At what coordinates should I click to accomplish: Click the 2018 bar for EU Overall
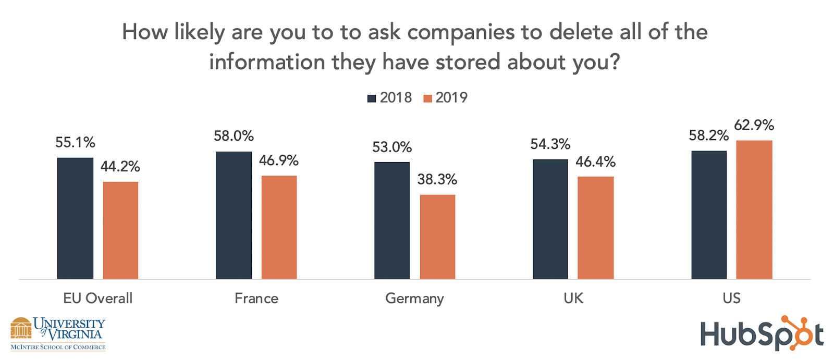(75, 218)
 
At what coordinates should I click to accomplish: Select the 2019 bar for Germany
(437, 237)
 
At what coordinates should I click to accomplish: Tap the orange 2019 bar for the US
(754, 209)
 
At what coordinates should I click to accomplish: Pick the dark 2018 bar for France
(234, 215)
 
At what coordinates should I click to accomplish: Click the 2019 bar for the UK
(595, 228)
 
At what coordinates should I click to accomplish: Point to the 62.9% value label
(754, 126)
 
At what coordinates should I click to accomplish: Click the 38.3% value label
(437, 180)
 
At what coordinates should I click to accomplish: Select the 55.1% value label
(75, 143)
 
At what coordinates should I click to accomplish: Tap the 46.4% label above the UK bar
(595, 162)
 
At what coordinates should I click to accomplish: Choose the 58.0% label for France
(234, 136)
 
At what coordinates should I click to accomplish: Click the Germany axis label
(414, 299)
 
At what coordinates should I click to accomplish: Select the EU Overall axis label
(97, 299)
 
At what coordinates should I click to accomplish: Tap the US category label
(731, 299)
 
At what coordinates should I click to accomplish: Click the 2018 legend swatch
(372, 98)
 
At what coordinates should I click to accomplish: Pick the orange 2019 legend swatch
(428, 98)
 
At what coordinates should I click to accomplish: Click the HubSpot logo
(762, 333)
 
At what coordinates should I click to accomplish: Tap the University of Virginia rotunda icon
(21, 329)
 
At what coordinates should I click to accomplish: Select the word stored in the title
(469, 63)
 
